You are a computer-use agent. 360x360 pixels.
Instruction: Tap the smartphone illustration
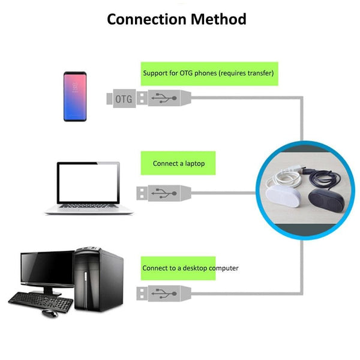[x=75, y=96]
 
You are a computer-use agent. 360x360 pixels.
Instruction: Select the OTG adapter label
[x=123, y=98]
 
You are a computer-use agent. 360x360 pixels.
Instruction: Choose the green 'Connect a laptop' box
[x=178, y=163]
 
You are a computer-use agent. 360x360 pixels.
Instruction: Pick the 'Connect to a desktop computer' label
[x=190, y=268]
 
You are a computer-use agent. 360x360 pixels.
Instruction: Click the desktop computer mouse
[x=49, y=313]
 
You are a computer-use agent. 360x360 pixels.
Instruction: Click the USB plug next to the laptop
[x=164, y=193]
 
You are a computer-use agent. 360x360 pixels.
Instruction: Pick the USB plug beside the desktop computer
[x=164, y=294]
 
